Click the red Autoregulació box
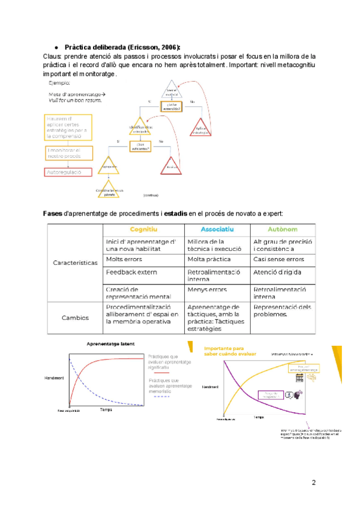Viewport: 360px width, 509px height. coord(68,172)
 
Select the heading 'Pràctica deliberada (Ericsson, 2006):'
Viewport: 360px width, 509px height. coord(122,47)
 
